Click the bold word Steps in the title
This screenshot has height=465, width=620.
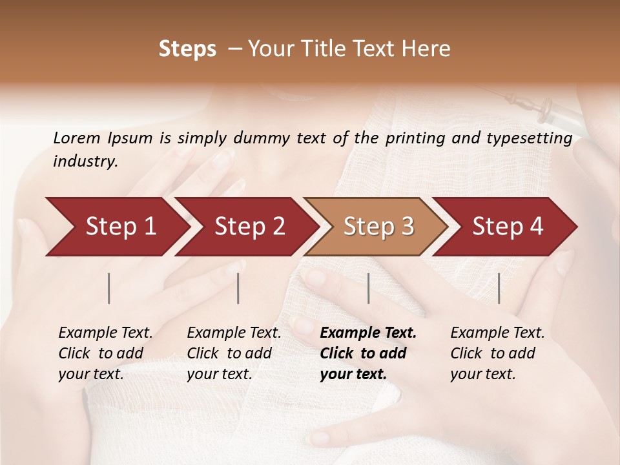pyautogui.click(x=187, y=49)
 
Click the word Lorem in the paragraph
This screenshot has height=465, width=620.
pyautogui.click(x=76, y=138)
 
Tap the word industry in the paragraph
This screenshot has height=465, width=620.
pyautogui.click(x=85, y=161)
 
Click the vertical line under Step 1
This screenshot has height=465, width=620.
pyautogui.click(x=109, y=288)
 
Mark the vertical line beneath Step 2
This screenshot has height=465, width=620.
pyautogui.click(x=238, y=288)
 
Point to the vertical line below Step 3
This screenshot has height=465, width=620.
pyautogui.click(x=369, y=288)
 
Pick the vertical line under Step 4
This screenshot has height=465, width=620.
pyautogui.click(x=499, y=288)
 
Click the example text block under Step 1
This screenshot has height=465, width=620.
pyautogui.click(x=105, y=353)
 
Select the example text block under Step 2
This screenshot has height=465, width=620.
pyautogui.click(x=234, y=353)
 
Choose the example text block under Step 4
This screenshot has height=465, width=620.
pyautogui.click(x=497, y=353)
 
